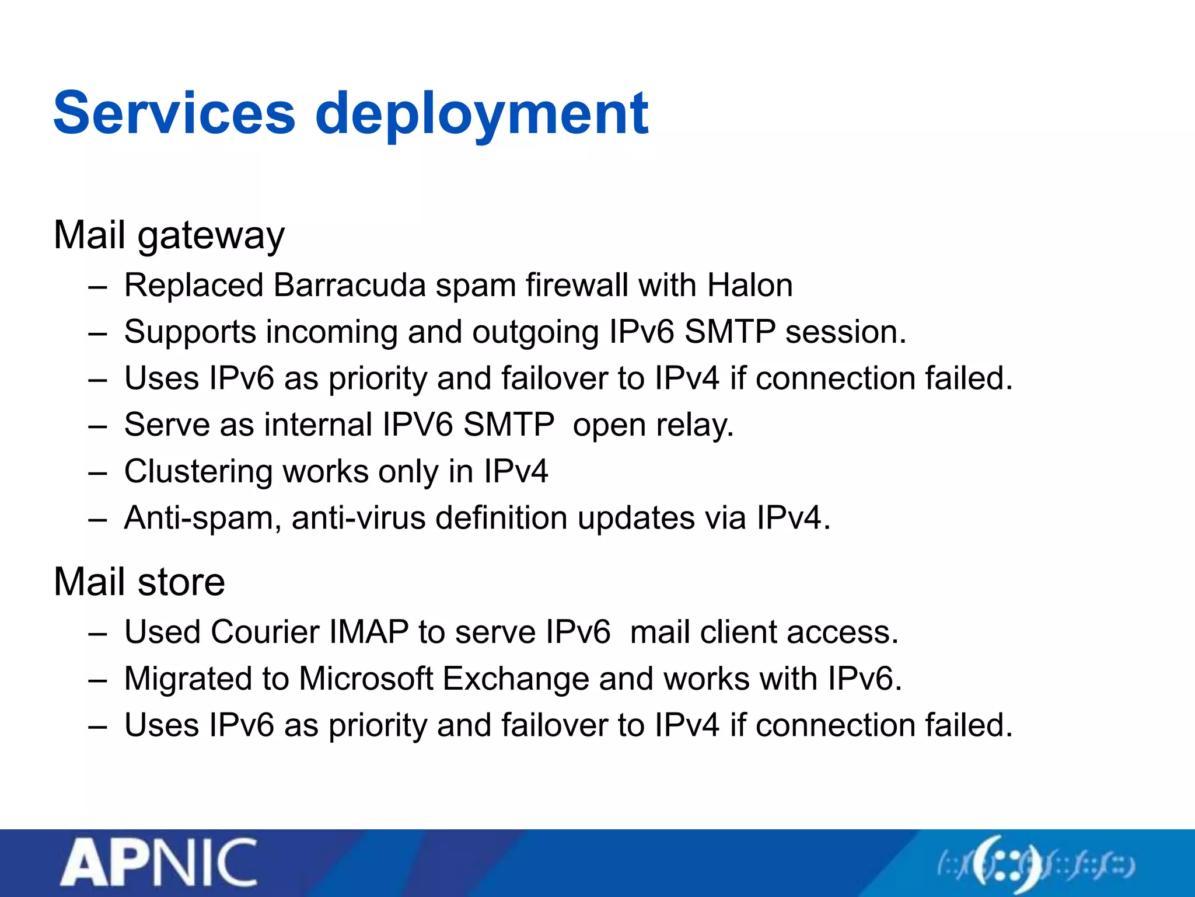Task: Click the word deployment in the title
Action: click(x=481, y=115)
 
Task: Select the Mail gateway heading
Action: click(x=169, y=235)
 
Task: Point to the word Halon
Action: click(x=749, y=286)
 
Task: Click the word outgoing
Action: click(x=535, y=332)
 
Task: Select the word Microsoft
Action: click(x=366, y=679)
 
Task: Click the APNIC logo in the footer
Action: click(x=159, y=863)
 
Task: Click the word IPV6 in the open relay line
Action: click(x=417, y=425)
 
